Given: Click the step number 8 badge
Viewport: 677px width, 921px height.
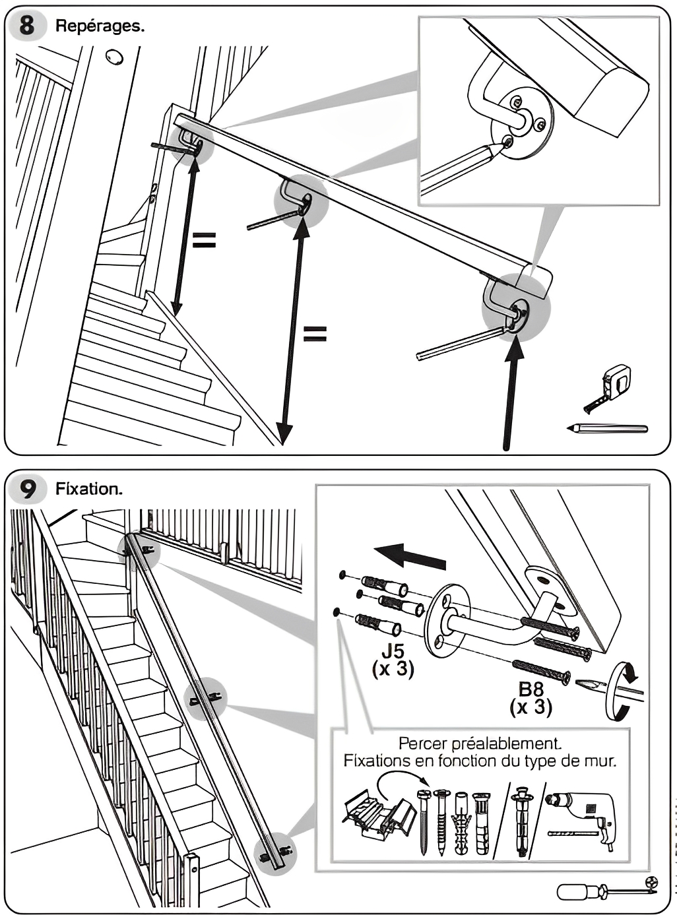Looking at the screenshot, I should click(x=27, y=26).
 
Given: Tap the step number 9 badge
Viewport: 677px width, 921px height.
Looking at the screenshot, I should click(x=27, y=490).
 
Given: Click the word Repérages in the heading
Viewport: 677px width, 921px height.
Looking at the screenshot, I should click(x=100, y=26).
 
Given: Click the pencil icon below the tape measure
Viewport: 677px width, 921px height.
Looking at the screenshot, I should click(x=607, y=428).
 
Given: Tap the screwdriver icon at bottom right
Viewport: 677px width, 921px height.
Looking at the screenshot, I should click(x=607, y=891).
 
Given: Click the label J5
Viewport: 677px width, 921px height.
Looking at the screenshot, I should click(x=393, y=652).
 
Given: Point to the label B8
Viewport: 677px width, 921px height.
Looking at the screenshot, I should click(x=531, y=689).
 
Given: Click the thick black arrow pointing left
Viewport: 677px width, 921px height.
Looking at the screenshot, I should click(x=410, y=556).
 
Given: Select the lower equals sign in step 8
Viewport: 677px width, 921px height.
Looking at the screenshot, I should click(x=315, y=334).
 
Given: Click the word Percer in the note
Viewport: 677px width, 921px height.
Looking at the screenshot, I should click(x=422, y=744).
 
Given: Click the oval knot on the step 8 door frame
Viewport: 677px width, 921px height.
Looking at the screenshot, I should click(x=114, y=57).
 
